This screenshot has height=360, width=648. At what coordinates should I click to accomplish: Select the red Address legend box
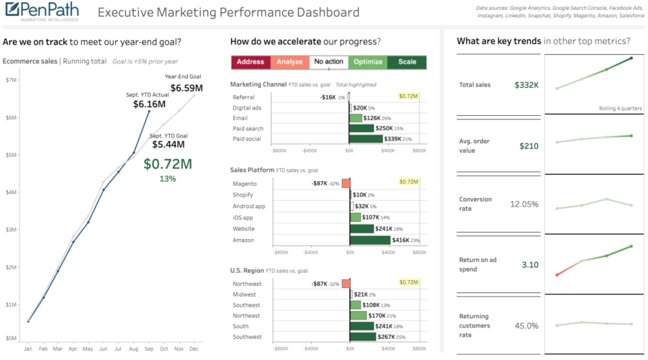(251, 62)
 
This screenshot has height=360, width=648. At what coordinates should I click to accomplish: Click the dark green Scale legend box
(407, 62)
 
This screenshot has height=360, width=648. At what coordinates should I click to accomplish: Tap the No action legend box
(329, 62)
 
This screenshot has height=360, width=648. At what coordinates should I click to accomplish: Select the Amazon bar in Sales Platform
(369, 240)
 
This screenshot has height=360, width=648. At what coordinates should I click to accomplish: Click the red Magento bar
(346, 184)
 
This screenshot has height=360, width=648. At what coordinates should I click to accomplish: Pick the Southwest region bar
(362, 336)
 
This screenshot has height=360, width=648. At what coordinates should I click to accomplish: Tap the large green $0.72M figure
(168, 163)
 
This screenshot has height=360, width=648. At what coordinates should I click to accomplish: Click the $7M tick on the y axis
(12, 80)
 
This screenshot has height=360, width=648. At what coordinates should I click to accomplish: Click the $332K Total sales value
(526, 85)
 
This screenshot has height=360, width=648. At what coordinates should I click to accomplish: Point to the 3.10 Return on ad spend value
(529, 264)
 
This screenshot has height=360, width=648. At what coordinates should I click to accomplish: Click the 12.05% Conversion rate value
(524, 204)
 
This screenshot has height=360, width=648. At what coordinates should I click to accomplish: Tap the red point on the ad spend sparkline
(557, 275)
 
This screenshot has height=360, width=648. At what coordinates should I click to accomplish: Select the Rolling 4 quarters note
(621, 108)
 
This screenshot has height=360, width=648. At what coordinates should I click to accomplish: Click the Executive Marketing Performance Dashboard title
(228, 13)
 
